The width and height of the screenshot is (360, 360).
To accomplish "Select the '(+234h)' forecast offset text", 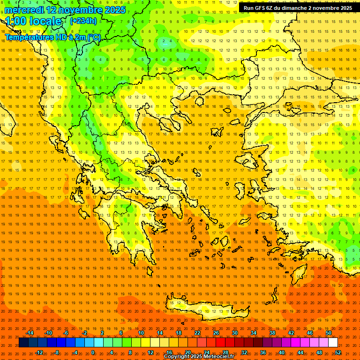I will click(x=83, y=21).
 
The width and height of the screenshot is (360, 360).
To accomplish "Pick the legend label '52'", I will click(x=338, y=352).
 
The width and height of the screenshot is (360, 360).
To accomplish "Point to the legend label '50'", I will click(x=329, y=333).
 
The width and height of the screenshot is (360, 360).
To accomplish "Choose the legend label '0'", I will click(x=93, y=352).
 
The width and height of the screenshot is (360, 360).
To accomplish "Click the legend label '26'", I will click(x=216, y=333).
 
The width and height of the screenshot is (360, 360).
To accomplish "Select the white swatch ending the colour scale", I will click(x=333, y=343).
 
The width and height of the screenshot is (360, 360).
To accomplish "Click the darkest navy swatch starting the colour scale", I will click(x=24, y=343).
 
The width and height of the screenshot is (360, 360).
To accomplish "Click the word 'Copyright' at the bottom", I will click(x=177, y=357).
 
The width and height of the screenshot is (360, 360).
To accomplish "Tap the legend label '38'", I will click(x=272, y=333).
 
